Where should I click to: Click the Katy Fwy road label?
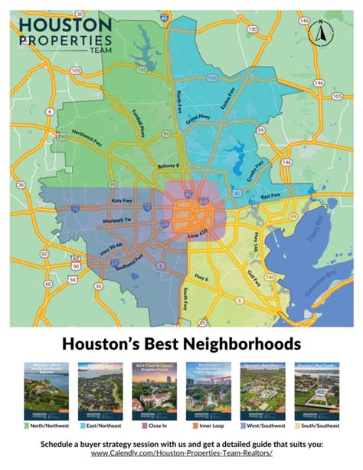[123, 200]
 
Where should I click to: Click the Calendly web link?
[181, 455]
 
